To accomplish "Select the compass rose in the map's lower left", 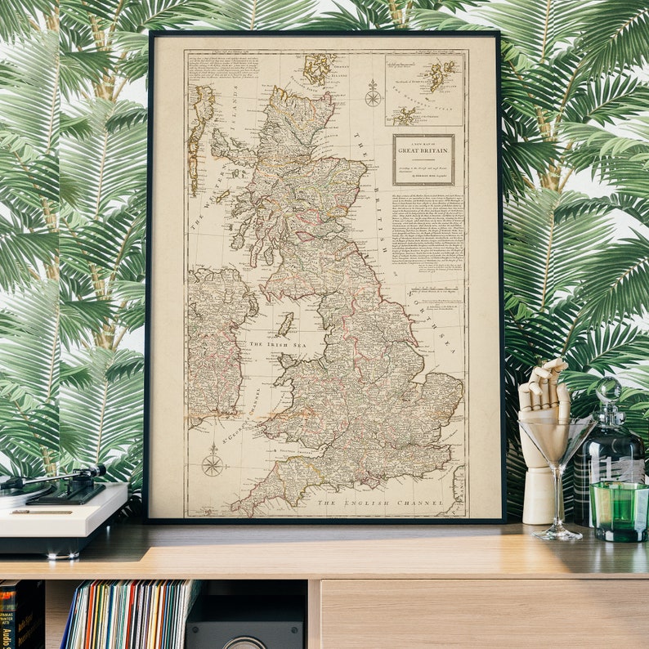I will [x=213, y=463].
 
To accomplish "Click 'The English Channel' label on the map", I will [x=380, y=503].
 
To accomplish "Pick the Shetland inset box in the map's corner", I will [x=424, y=89].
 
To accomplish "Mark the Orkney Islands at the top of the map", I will [x=319, y=69].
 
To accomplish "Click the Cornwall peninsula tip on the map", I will [x=238, y=510].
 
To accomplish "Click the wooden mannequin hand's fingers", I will [x=545, y=384].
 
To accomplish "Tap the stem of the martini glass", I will [x=559, y=507].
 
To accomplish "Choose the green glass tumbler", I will [x=619, y=510].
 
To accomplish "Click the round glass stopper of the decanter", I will [x=607, y=389].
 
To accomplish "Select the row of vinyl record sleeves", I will [x=131, y=613].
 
